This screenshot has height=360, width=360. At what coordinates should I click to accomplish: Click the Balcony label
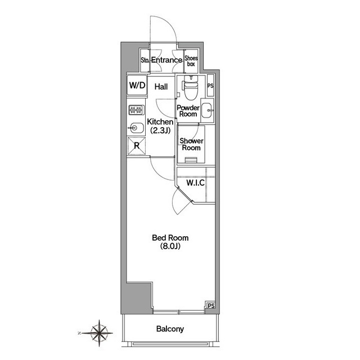pos(170,328)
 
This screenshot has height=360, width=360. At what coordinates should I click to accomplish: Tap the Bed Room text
pos(170,237)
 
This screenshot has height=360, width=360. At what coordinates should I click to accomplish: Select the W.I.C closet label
pos(195,183)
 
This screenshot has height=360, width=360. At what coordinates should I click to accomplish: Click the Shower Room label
pos(191,144)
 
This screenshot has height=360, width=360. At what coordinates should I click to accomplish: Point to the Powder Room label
pos(188,111)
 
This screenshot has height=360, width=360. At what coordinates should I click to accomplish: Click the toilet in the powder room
pos(191,87)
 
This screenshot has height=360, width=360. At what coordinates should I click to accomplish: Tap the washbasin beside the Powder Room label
pos(208,110)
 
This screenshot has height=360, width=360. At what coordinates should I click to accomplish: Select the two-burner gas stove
pos(136,110)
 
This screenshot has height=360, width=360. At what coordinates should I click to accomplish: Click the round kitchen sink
pos(136,128)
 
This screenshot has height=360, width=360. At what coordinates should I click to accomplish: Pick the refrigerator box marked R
pos(137,146)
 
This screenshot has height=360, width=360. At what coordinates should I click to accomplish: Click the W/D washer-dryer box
pos(137,85)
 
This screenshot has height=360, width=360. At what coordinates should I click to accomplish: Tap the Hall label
pos(161,87)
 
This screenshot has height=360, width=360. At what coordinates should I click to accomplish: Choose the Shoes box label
pos(191,61)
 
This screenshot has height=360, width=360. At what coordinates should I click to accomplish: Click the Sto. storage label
pos(145,60)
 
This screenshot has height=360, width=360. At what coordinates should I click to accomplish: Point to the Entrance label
pos(166,60)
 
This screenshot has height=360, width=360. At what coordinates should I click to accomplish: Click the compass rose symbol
pos(99,333)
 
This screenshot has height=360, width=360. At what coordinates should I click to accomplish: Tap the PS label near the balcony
pos(211,306)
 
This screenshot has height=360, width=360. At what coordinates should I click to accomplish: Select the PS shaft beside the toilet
pos(210,85)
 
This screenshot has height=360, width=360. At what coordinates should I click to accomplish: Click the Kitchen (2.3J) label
pos(160,126)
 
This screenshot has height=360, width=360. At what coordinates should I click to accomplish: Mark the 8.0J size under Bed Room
pos(170,246)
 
